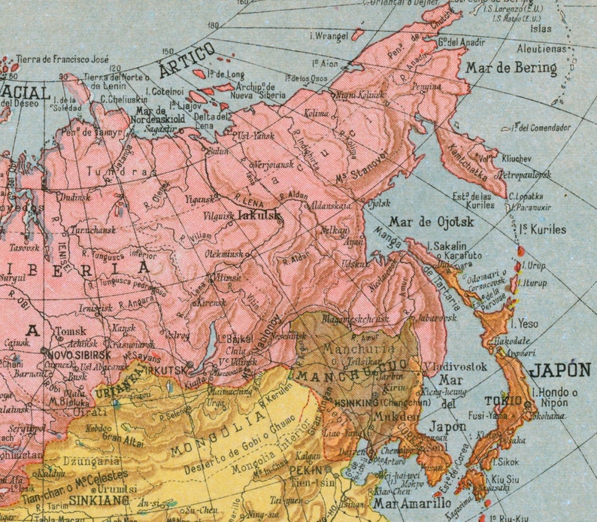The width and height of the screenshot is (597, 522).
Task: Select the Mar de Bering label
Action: (x=511, y=68)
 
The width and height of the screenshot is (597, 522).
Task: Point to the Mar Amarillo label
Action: (x=407, y=503)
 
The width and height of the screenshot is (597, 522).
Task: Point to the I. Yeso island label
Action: (x=525, y=324)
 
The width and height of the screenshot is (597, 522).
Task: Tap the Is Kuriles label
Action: (x=543, y=229)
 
